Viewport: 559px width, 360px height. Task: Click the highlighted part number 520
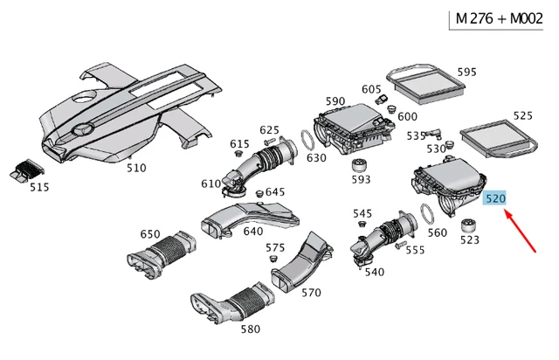[x=495, y=199]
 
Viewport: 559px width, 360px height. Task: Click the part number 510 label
[x=136, y=167]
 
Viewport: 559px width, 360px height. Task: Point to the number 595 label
[x=466, y=72]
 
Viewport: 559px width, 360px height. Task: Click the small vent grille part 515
[x=28, y=171]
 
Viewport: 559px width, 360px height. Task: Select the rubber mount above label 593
[x=359, y=166]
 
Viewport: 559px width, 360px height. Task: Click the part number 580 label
[x=250, y=329]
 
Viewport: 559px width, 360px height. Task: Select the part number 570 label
[x=311, y=293]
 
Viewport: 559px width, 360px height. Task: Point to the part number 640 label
[x=252, y=232]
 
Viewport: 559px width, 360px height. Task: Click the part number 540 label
[x=374, y=272]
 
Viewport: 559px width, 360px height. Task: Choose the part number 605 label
[x=371, y=89]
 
